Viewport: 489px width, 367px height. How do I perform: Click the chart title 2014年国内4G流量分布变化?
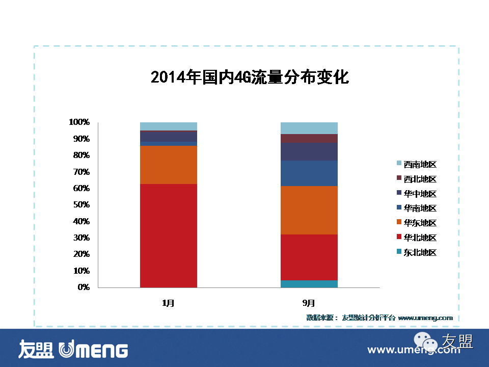[250, 77]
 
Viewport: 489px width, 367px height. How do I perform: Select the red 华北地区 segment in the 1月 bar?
[168, 235]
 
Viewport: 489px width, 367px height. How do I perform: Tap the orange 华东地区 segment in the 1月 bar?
[168, 165]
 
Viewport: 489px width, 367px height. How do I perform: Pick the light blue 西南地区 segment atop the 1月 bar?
[168, 126]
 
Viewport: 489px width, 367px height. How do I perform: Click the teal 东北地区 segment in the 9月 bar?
[309, 284]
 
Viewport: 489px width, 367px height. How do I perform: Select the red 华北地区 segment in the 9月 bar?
[309, 257]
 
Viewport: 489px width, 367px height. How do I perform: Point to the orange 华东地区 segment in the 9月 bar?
[309, 210]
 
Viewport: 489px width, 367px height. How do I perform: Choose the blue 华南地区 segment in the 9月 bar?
[309, 173]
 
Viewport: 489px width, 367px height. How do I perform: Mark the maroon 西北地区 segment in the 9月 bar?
[309, 138]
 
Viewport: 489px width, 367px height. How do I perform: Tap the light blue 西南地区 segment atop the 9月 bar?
[309, 128]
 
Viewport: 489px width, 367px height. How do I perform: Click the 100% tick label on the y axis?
[79, 122]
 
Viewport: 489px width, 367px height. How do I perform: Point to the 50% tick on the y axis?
[81, 205]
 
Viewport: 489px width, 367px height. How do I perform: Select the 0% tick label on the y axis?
[83, 287]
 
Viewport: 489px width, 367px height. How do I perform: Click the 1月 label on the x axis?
[168, 303]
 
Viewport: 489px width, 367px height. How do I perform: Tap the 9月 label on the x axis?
[309, 303]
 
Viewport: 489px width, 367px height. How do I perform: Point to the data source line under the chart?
[379, 318]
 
